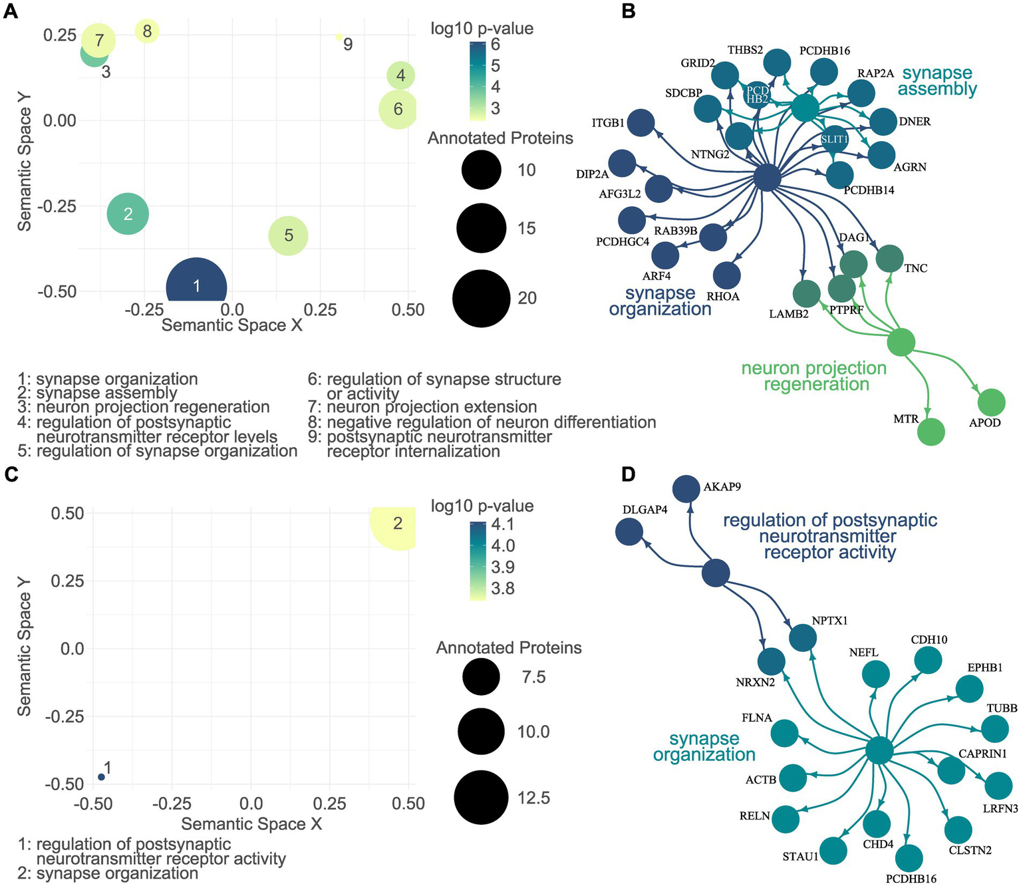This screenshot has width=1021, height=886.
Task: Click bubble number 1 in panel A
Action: (x=196, y=285)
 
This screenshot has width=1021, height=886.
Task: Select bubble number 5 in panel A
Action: (x=288, y=235)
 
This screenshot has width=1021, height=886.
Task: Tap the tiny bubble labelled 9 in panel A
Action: (x=339, y=37)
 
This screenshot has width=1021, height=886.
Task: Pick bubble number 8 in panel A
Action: (x=147, y=31)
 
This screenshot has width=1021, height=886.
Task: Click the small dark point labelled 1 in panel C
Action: (x=101, y=777)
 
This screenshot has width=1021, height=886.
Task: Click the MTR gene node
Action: (x=931, y=432)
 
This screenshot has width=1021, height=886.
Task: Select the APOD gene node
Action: (x=991, y=403)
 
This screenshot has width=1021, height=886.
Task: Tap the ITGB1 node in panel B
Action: (x=641, y=124)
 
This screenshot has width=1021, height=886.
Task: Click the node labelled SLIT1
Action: (x=834, y=140)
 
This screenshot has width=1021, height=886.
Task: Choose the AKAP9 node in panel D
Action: (x=686, y=490)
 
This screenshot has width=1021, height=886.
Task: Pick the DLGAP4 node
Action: (x=629, y=532)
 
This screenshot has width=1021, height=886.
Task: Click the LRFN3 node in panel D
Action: (x=998, y=786)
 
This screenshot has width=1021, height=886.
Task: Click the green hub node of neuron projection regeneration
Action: (x=901, y=342)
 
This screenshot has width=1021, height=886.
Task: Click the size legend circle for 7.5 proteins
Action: (x=479, y=677)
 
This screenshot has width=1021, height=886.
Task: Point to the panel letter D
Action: (x=628, y=474)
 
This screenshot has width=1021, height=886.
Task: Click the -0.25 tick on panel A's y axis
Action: (x=57, y=206)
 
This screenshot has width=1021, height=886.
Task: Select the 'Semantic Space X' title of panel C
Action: (x=251, y=824)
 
